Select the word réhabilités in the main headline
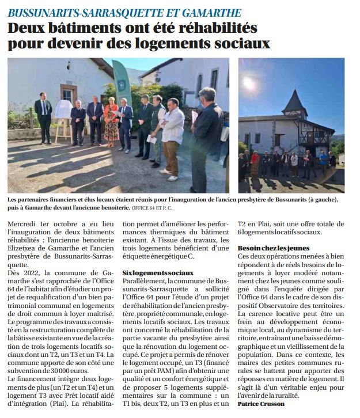pos(215,28)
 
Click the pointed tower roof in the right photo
pos(295,102)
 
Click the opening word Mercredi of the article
pos(28,224)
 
